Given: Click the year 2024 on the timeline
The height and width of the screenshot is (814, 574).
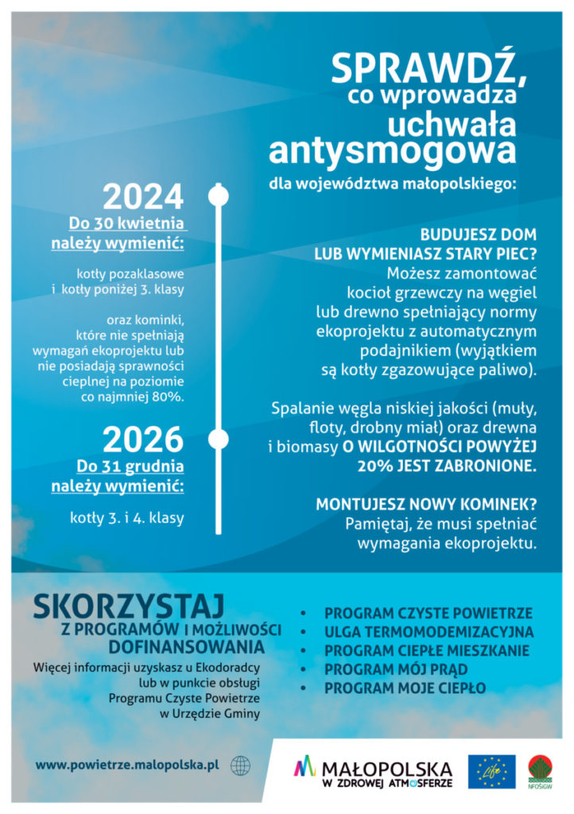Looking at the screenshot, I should (143, 196).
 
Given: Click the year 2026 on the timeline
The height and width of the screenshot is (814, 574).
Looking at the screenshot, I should (143, 440).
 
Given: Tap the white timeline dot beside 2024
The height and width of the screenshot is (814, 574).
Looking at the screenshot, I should (218, 195).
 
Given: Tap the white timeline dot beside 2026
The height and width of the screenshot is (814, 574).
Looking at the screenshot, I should (218, 439).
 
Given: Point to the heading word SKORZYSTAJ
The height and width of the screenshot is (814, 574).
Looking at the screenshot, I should (130, 606).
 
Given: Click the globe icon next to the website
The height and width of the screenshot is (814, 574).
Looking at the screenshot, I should (240, 766).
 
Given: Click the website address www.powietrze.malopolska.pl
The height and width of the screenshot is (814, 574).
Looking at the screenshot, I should (126, 766).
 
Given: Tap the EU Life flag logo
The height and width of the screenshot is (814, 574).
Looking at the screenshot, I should (491, 772).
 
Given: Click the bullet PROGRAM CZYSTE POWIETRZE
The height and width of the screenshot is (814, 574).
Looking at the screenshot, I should (429, 614).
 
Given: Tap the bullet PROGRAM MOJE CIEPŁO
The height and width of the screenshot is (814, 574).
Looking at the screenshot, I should (405, 688).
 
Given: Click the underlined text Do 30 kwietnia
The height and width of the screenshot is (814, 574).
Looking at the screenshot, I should (130, 222).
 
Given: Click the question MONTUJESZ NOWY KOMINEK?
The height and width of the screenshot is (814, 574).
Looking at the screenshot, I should (425, 504).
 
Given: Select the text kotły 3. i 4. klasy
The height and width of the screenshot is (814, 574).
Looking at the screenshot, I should (127, 518).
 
